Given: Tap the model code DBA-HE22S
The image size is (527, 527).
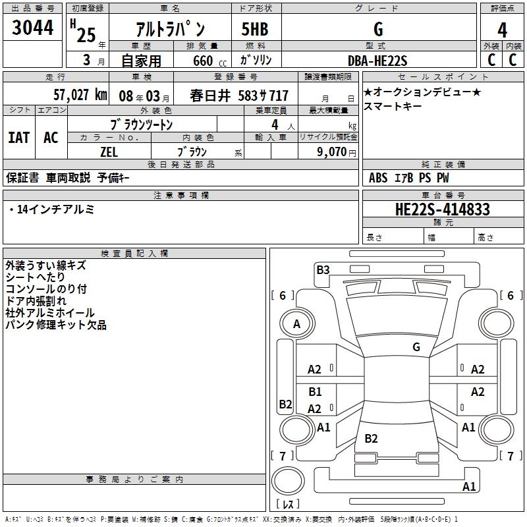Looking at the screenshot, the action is [377, 60].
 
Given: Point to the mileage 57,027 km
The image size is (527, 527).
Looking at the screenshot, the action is [80, 94].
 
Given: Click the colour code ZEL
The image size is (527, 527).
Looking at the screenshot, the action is [109, 150].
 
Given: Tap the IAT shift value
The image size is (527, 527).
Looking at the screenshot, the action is [19, 137].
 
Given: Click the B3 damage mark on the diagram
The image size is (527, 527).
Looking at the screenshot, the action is [323, 269].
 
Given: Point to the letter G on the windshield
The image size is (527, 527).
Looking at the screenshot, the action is [416, 347].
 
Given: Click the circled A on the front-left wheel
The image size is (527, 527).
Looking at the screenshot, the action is [296, 324].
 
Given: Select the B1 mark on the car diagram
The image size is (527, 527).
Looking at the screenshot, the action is [315, 392].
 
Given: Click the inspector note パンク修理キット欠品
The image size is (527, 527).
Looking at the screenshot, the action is [55, 325].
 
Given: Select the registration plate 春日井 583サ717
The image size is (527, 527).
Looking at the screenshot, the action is [239, 95].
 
